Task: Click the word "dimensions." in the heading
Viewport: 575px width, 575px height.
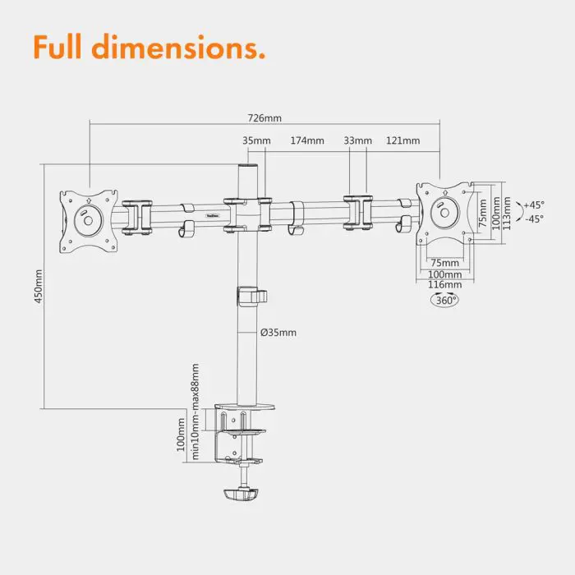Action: click(x=189, y=48)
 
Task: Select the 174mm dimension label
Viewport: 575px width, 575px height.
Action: click(x=306, y=140)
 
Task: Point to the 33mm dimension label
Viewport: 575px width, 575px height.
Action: click(x=357, y=140)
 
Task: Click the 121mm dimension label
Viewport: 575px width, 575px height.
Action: click(x=402, y=140)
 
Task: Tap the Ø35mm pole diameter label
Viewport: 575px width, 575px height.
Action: click(x=278, y=333)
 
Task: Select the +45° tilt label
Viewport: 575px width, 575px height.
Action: click(x=534, y=205)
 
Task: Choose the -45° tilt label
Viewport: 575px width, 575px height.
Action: click(x=534, y=218)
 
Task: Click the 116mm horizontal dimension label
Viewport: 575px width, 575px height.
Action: click(x=444, y=284)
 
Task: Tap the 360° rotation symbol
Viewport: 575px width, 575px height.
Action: click(x=444, y=301)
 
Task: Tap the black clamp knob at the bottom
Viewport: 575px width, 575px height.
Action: click(x=241, y=494)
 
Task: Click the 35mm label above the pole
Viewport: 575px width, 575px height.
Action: click(x=256, y=140)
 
